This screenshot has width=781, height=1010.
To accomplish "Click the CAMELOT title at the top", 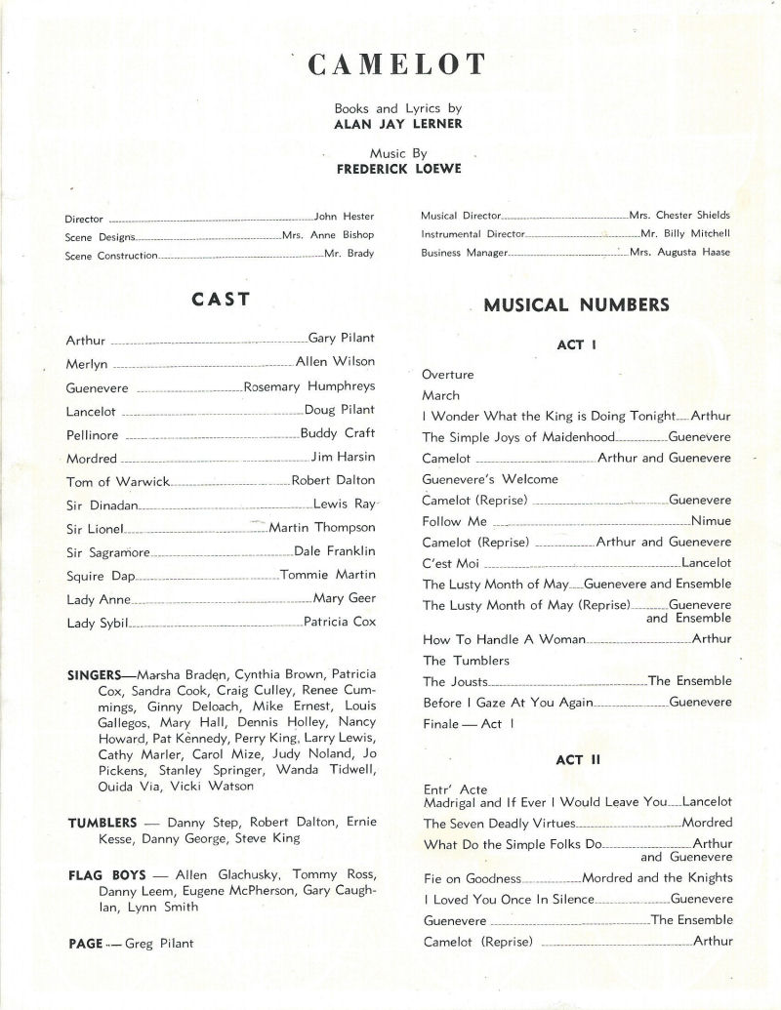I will point(395,65).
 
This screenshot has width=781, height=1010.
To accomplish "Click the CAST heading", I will point(221,299).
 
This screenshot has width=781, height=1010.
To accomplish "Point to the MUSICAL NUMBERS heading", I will point(576,304).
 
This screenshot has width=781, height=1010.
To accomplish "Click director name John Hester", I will point(344,217).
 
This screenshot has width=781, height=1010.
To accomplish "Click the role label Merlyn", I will point(86,363).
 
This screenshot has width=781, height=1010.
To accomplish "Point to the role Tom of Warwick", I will point(118,482).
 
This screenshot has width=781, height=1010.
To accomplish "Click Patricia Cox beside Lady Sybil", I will point(339,622).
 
